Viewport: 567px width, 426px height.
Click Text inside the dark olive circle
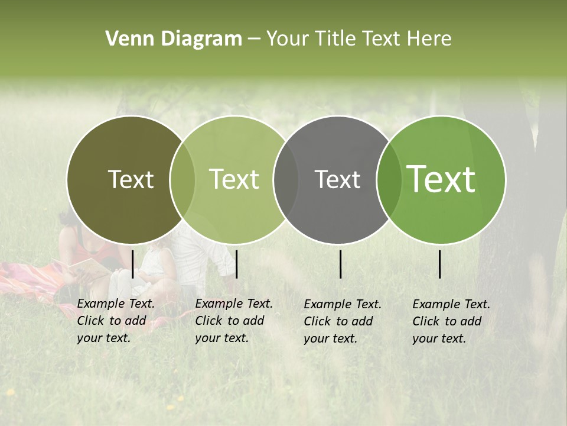131,180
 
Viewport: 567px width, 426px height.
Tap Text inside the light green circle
234,180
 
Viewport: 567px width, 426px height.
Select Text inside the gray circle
337,180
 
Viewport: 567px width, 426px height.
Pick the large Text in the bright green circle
441,179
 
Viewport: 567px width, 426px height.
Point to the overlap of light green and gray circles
286,180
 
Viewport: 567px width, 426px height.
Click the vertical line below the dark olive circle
132,264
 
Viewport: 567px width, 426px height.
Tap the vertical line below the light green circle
236,264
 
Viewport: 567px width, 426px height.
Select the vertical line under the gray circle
340,264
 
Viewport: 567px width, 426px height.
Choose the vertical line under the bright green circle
440,264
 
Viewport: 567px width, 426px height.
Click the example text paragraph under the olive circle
115,321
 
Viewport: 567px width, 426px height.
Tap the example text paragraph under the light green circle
233,321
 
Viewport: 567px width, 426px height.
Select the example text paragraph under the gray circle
342,321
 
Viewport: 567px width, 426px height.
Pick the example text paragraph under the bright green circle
451,321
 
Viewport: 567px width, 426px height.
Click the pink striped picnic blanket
30,278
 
